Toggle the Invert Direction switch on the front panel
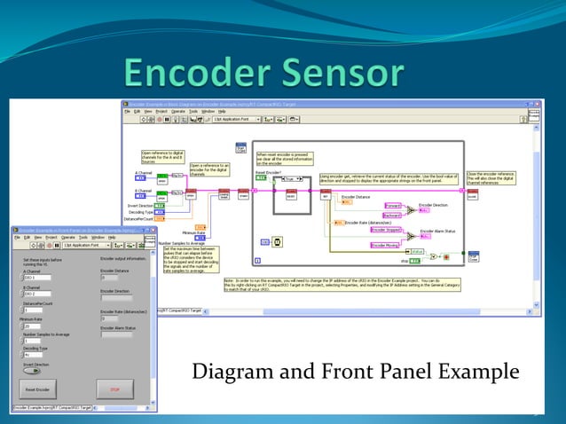point(31,370)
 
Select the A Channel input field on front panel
point(35,278)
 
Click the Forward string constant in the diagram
point(392,206)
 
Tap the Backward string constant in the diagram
point(392,215)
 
